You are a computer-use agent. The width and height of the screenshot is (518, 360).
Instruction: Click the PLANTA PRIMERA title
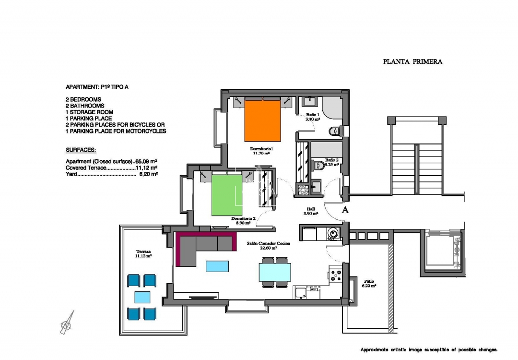412,61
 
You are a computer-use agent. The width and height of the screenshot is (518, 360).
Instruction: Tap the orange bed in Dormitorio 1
262,120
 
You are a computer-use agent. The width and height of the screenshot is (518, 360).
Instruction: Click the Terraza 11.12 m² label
143,254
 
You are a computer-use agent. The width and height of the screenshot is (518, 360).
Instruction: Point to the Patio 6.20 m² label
369,283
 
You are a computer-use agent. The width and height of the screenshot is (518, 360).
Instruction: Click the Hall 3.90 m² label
311,211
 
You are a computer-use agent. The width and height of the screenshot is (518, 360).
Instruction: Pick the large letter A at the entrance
344,210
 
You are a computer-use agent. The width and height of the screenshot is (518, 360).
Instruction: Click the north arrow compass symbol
67,323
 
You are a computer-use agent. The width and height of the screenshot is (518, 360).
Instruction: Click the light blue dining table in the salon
275,272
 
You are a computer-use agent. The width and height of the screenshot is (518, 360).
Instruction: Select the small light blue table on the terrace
142,297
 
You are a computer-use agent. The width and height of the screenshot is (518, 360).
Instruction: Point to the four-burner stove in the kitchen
335,275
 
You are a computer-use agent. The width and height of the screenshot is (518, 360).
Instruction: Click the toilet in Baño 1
334,131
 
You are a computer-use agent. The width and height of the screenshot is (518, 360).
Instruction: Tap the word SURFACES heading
81,150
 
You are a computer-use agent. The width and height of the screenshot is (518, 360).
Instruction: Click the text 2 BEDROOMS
83,99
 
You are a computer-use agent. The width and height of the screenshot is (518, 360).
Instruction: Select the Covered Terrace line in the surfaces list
112,168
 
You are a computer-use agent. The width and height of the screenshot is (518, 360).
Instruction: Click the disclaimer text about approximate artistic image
429,350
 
